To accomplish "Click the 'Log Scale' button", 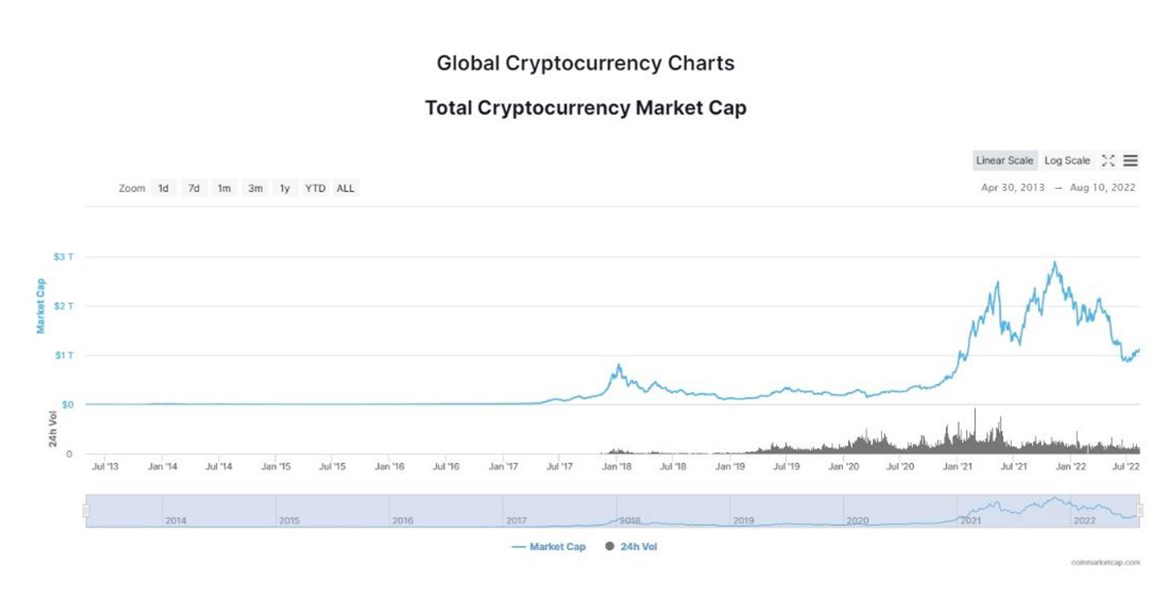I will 1067,161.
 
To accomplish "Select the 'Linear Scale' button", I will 1005,161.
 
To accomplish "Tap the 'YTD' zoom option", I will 315,189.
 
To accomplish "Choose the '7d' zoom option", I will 194,189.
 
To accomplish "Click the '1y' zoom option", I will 285,189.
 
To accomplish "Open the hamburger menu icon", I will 1131,161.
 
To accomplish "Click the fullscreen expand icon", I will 1109,161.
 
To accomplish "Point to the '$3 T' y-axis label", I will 64,258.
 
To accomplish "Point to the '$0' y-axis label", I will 68,405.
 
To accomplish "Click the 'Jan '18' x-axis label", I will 616,467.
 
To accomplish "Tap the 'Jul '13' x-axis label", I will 105,467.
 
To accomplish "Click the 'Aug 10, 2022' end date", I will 1103,188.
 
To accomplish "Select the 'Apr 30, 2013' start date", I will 1013,188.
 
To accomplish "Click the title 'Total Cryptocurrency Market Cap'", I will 585,107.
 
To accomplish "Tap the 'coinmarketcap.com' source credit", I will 1105,562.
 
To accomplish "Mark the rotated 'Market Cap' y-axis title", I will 42,306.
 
